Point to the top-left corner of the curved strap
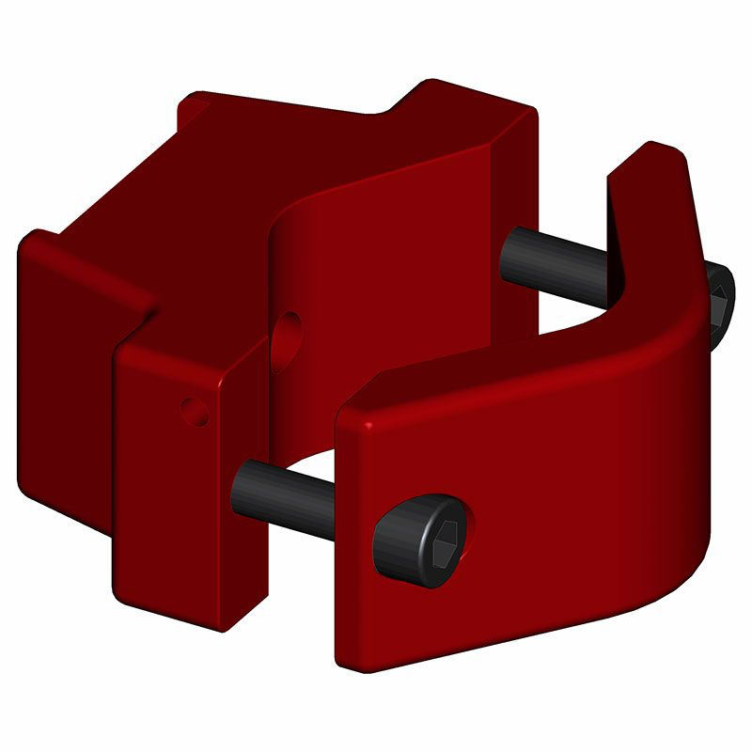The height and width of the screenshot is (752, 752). tap(348, 414)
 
